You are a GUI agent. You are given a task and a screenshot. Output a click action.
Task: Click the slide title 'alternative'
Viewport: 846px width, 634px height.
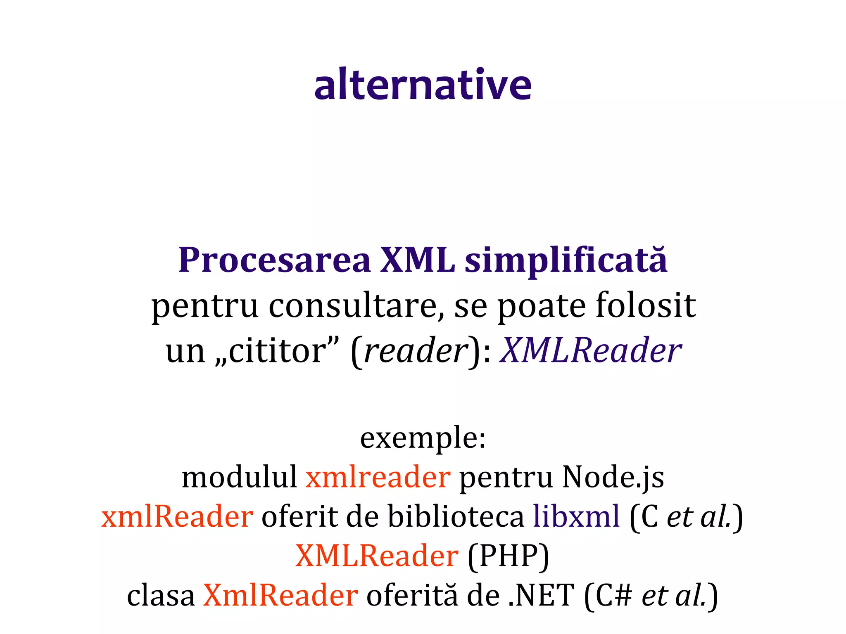pos(423,85)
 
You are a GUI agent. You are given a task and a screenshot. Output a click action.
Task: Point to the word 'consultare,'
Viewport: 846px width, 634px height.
pos(357,306)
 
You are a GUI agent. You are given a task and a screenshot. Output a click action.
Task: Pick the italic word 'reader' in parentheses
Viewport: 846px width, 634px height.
pos(415,351)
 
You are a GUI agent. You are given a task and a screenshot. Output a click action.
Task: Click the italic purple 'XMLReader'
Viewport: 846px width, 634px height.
pos(591,351)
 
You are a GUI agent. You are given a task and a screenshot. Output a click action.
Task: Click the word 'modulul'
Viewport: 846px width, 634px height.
pos(239,477)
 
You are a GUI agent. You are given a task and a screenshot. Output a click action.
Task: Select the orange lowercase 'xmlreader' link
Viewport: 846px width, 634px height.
pos(378,477)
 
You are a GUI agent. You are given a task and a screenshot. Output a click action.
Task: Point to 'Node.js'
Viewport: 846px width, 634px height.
pos(613,477)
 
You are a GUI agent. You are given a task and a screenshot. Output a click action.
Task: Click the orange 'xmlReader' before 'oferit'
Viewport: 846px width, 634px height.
pos(177,517)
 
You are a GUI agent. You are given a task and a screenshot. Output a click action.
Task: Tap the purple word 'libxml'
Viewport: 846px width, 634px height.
pos(576,517)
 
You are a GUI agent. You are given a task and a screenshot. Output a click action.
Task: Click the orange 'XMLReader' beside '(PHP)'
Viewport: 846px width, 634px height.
pos(377,556)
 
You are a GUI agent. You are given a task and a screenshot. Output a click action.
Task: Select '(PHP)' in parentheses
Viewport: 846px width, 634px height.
pos(508,556)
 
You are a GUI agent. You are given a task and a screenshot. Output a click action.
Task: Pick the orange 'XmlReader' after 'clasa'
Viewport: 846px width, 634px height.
pos(280,596)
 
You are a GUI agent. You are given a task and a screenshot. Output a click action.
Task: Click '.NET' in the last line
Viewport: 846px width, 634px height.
pos(541,596)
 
